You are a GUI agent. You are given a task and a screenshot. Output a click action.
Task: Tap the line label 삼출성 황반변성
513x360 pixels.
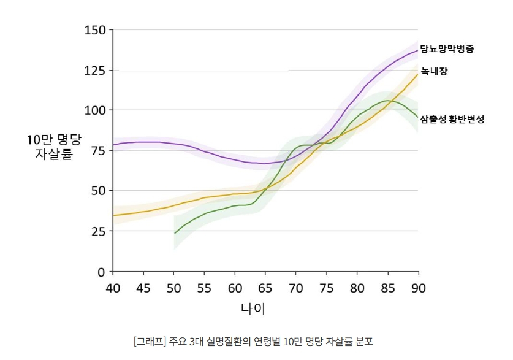coord(452,120)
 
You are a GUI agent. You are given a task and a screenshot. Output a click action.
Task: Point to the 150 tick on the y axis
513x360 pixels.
coord(95,30)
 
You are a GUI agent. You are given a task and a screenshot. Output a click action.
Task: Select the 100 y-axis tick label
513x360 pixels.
coord(95,110)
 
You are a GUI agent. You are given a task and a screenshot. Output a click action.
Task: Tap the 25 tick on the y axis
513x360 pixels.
coord(98,231)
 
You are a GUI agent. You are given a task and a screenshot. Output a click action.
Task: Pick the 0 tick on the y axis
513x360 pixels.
coord(102,271)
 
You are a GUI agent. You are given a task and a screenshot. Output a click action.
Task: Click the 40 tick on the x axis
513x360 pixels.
coord(113,287)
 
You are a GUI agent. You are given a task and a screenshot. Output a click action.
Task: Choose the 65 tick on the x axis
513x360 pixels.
coord(265,287)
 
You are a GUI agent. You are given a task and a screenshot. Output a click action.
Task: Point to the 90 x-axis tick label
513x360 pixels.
coord(418,287)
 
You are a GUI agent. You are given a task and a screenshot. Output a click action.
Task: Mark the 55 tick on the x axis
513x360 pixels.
coord(204,287)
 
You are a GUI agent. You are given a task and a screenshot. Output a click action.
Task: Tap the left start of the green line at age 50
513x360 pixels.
coord(175,233)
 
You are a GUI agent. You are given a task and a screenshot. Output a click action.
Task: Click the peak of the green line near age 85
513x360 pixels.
coord(387,101)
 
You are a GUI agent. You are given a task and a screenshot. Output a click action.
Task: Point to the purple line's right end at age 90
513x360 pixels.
coord(417,50)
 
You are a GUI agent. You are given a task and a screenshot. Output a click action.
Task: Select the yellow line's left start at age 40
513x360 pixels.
coord(114,215)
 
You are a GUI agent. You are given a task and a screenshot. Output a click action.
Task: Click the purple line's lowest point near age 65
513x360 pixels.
coord(264,164)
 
